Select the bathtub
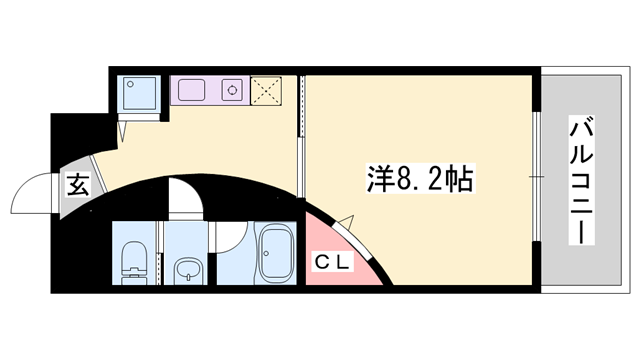click(x=273, y=256)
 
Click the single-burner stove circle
click(x=233, y=90)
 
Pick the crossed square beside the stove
click(x=267, y=90)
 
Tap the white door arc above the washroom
click(x=185, y=196)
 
